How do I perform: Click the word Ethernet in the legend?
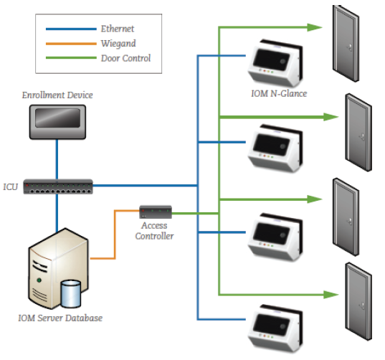118,29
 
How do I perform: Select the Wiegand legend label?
118,44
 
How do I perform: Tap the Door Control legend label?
125,58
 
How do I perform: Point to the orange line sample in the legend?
71,44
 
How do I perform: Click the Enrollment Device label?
57,95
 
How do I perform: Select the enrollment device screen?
57,118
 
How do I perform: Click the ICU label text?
10,187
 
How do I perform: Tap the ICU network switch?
58,186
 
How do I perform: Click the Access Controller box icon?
156,212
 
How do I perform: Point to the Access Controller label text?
154,231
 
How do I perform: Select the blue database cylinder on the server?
71,294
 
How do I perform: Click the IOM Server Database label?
60,318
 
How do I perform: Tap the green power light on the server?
39,280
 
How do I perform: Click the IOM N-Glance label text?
279,93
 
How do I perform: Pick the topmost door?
346,44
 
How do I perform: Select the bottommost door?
358,301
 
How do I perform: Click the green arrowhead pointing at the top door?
315,27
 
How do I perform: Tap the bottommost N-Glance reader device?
275,328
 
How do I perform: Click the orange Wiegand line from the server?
115,235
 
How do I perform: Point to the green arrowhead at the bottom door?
331,295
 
